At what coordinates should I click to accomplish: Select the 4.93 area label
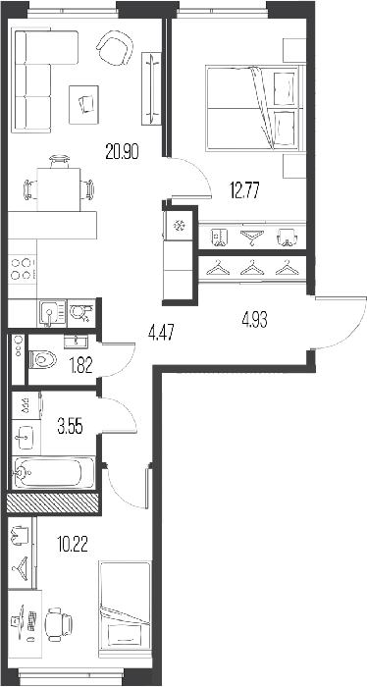point(254,320)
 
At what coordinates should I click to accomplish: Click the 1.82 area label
point(81,365)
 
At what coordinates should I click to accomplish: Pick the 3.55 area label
point(70,425)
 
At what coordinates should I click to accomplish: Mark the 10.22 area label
point(73,545)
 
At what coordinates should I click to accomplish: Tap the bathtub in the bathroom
point(54,473)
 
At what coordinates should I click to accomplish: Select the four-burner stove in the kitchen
point(23,269)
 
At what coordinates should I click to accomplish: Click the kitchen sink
point(52,313)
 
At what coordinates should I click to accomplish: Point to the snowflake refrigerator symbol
point(179,226)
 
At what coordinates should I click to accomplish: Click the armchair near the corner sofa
point(115,48)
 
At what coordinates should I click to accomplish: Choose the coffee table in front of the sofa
point(83,105)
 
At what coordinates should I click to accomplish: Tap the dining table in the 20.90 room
point(59,189)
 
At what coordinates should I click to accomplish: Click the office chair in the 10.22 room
point(60,624)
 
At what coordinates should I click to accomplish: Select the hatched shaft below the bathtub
point(53,502)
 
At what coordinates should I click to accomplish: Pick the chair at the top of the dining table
point(60,161)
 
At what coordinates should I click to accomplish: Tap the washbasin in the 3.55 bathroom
point(26,438)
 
